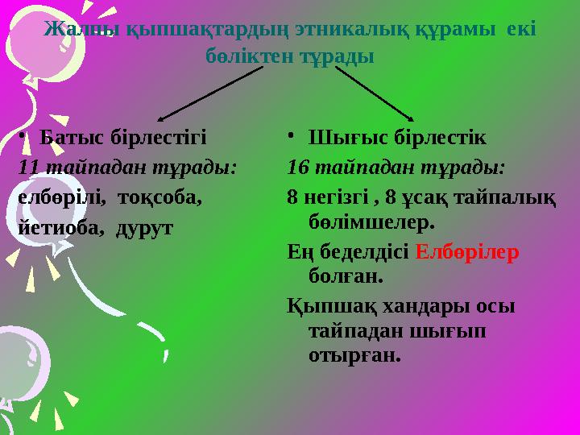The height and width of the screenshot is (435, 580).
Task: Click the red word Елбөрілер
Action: tap(467, 252)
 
